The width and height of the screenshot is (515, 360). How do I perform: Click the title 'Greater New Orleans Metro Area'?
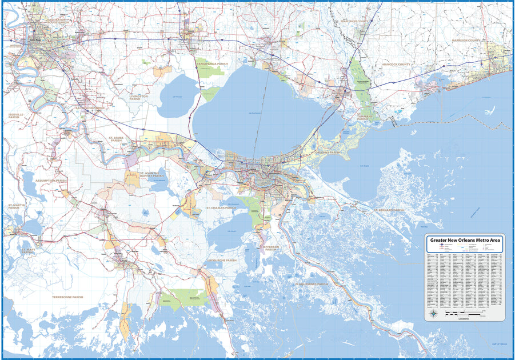tap(465, 241)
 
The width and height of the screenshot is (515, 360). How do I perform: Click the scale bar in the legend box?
tap(466, 315)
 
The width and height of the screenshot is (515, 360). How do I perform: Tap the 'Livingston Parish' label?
tap(139, 97)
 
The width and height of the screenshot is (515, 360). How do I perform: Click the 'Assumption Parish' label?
tap(51, 181)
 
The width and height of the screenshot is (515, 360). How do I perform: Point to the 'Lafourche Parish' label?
tap(221, 261)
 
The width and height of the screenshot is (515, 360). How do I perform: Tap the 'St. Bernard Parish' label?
tap(389, 210)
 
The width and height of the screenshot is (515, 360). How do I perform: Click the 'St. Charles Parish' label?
tap(221, 209)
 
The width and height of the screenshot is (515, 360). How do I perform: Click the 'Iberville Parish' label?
tap(16, 115)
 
